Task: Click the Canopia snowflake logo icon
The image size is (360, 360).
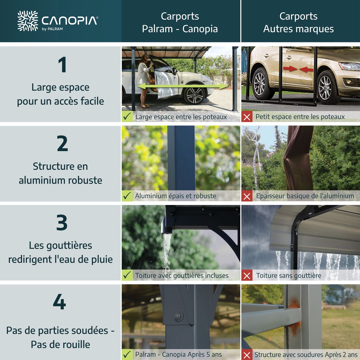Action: point(28,21)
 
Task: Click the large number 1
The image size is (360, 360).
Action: point(62,65)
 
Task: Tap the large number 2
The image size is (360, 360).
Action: point(62,144)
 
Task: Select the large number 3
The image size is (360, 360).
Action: point(62,223)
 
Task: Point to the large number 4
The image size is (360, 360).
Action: point(59,302)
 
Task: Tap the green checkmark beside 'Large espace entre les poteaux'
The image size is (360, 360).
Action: point(127,116)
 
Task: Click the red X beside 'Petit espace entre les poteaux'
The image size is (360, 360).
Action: point(247,117)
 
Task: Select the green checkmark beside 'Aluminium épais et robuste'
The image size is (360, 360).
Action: point(127,196)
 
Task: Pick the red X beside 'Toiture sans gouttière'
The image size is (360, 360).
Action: point(247,275)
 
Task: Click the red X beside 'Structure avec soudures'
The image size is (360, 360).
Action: point(247,355)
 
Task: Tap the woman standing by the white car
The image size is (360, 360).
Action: point(144,79)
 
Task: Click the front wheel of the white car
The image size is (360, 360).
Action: point(194,94)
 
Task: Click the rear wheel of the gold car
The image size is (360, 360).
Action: point(260,84)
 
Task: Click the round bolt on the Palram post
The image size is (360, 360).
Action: point(178,316)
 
